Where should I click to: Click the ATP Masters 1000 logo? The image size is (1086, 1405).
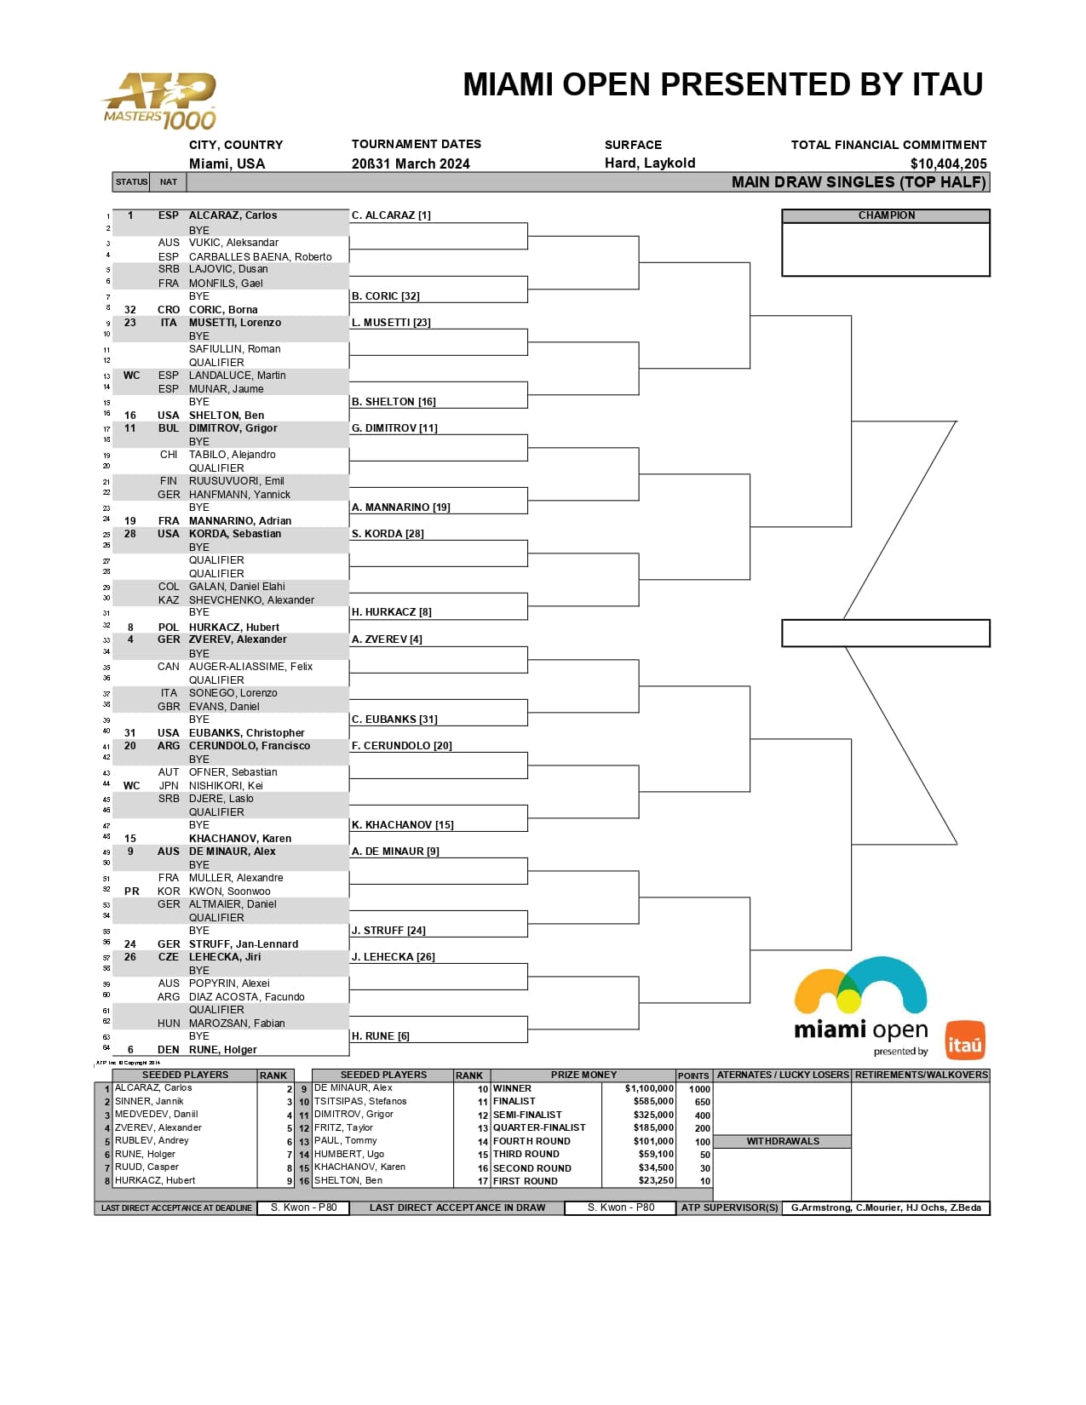159,101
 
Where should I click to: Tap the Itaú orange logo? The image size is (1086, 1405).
964,1040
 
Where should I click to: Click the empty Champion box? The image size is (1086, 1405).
886,249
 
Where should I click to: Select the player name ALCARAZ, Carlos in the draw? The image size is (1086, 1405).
233,215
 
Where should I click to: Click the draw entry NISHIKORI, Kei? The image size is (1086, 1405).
226,786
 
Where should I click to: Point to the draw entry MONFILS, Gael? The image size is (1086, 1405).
226,284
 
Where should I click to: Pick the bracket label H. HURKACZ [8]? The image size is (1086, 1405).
391,612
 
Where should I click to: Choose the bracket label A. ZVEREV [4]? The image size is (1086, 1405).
387,639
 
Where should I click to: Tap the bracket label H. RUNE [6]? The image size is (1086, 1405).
380,1036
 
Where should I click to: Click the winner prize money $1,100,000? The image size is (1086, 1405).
649,1088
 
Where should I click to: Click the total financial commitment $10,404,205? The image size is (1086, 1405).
948,163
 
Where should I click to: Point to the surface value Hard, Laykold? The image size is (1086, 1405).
650,163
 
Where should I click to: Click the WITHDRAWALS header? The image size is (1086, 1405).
782,1141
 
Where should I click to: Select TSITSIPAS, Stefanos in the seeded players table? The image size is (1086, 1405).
360,1102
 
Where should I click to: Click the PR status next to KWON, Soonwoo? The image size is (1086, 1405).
131,892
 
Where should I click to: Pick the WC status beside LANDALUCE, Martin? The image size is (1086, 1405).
131,376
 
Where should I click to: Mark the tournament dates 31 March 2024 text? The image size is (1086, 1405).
411,163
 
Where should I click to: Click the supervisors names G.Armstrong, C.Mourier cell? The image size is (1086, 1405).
885,1207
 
